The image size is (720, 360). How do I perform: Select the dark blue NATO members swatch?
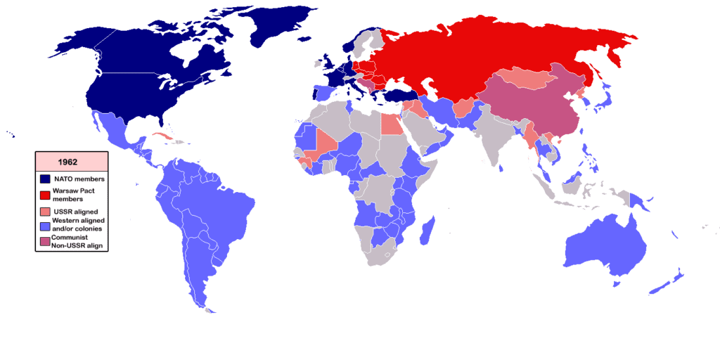pos(44,179)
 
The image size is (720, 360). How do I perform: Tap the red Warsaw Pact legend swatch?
pos(44,195)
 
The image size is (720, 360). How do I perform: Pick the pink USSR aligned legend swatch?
pos(44,211)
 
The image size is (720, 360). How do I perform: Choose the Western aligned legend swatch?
pos(44,225)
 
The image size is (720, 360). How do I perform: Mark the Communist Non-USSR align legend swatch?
pos(44,241)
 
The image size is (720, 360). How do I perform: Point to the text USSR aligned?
pos(75,211)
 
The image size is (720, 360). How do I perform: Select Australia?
pos(605,246)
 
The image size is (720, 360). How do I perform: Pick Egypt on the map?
pos(391,124)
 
